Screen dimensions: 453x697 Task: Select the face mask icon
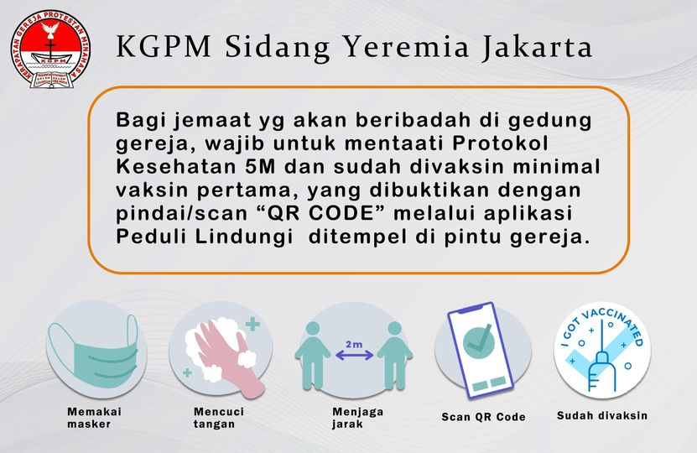click(93, 352)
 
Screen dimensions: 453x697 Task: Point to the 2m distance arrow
click(354, 354)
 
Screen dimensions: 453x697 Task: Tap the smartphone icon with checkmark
click(480, 349)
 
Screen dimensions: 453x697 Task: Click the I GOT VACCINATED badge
click(602, 351)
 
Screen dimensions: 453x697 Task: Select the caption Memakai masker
click(96, 418)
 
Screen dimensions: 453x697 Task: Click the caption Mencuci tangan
click(219, 418)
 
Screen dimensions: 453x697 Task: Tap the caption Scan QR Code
click(484, 417)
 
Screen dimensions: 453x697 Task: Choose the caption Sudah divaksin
click(602, 415)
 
